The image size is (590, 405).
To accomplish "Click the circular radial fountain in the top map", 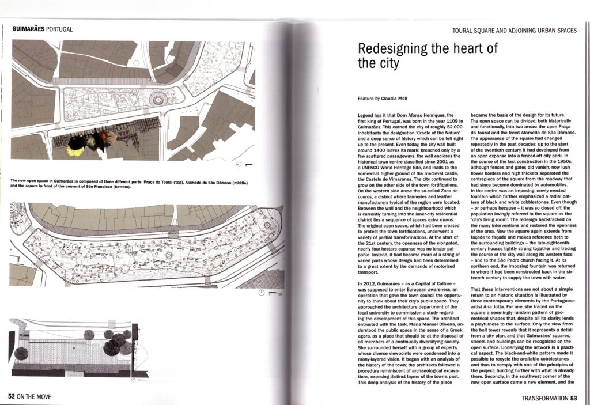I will click(157, 99).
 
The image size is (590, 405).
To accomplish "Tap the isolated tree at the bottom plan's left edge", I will click(21, 353).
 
